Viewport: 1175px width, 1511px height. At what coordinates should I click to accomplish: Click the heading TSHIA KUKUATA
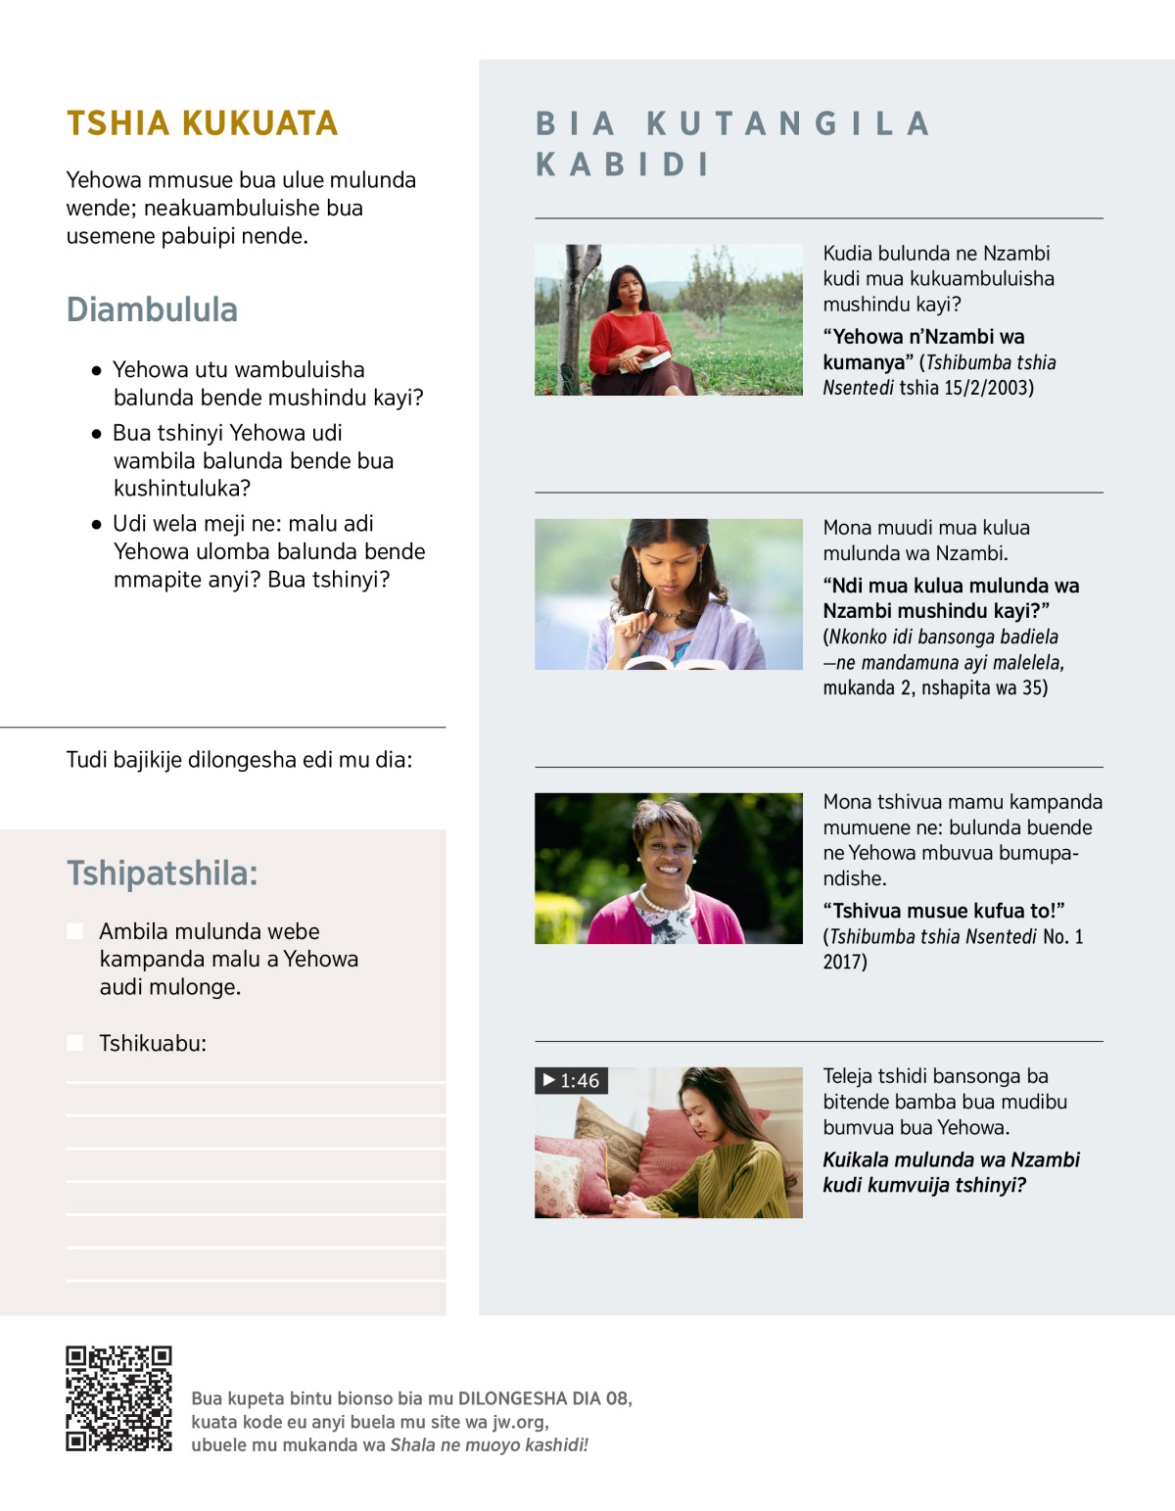tap(202, 123)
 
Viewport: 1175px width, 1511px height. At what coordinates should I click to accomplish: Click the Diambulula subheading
tap(152, 309)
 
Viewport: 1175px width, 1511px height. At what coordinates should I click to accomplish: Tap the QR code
tap(118, 1398)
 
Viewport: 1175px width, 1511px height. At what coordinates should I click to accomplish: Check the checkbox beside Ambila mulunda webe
tap(74, 930)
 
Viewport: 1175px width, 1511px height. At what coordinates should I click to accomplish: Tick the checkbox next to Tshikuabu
tap(74, 1043)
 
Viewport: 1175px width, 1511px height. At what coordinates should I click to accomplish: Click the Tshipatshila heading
tap(162, 873)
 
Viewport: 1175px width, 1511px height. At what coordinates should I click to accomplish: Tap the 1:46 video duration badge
tap(572, 1080)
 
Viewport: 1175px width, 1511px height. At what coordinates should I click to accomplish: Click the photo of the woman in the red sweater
tap(668, 320)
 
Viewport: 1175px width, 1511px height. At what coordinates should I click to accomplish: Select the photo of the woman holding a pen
tap(668, 594)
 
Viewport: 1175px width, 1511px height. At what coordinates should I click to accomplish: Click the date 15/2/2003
tap(988, 388)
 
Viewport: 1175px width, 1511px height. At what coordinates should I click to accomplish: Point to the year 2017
tap(844, 962)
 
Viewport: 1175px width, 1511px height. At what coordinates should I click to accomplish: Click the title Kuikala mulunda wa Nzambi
tap(950, 1160)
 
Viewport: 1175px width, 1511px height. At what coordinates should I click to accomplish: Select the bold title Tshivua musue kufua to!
tap(943, 911)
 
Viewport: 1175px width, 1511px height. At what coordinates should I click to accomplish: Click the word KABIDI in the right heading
tap(623, 165)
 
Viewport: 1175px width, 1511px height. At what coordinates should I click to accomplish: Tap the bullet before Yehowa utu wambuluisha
tap(96, 371)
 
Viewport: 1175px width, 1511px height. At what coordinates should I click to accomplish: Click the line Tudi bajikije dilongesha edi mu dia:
tap(239, 760)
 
